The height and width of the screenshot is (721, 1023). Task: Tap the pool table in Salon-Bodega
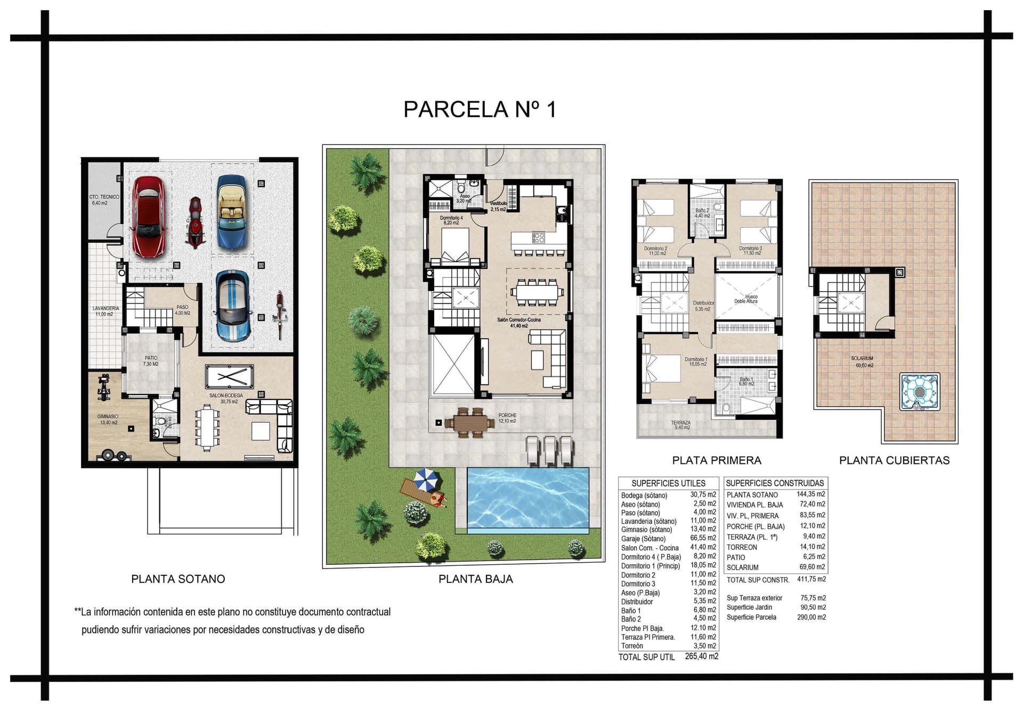pos(229,377)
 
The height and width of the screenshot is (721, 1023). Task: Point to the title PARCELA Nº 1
pos(480,109)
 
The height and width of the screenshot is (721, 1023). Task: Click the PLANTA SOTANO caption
pos(178,579)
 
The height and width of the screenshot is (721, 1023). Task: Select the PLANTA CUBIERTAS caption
pos(894,460)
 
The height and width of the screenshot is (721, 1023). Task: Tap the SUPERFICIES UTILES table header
pos(668,483)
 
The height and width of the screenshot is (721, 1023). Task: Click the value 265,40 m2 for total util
pos(701,656)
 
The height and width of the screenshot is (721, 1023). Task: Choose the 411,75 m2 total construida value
pos(811,579)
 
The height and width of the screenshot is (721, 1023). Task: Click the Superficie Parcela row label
pos(751,617)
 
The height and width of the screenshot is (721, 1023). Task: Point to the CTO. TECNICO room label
pos(104,197)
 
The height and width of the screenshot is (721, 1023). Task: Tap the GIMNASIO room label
pos(108,416)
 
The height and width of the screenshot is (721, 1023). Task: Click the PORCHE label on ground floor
pos(507,415)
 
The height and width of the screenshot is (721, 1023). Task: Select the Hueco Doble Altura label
pos(745,299)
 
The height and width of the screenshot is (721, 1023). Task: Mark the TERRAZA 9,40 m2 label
pos(680,423)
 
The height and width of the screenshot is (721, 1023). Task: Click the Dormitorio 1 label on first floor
pos(696,359)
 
